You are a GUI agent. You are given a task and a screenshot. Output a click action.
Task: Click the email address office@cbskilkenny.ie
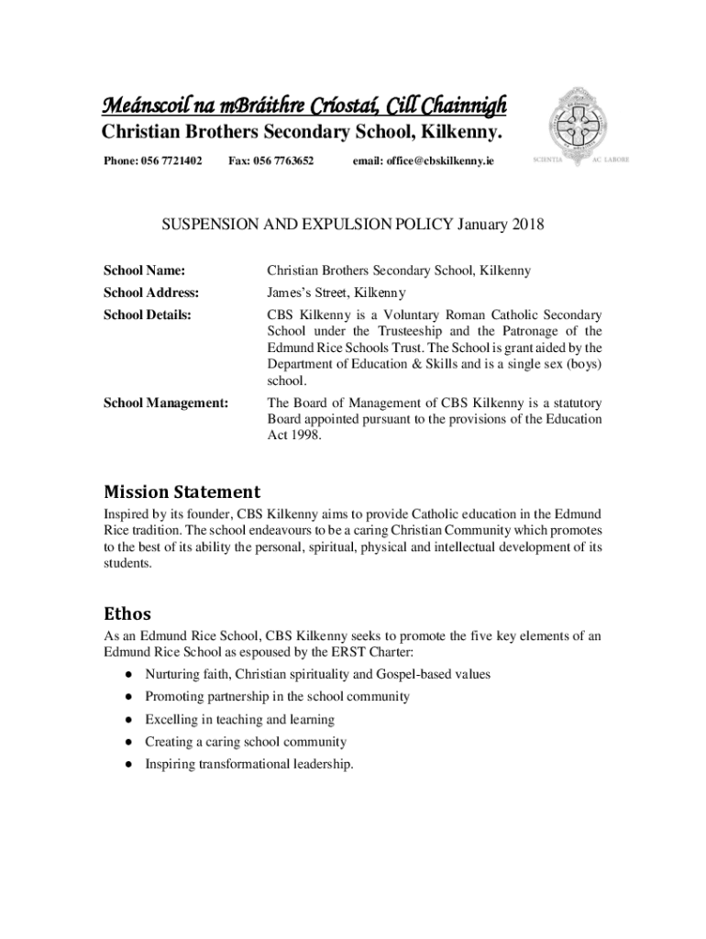click(426, 160)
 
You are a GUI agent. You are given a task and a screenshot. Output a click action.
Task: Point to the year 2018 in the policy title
click(527, 225)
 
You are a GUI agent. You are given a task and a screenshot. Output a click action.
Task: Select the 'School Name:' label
click(144, 271)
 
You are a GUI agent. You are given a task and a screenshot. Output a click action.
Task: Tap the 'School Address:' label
click(151, 293)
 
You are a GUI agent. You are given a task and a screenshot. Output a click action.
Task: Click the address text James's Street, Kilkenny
click(336, 293)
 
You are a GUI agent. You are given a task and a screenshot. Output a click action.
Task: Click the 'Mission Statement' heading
click(182, 492)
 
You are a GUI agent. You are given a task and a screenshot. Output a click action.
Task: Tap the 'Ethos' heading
click(127, 613)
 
